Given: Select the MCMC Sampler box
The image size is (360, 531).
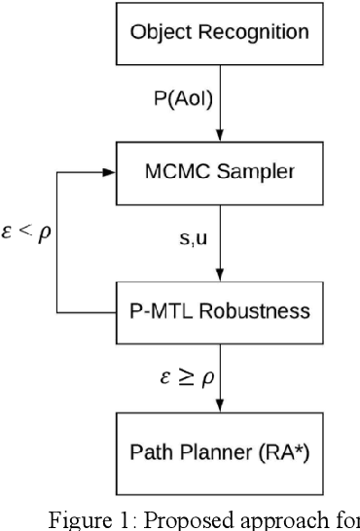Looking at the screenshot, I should [219, 173].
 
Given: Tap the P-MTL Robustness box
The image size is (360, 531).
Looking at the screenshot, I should [219, 312].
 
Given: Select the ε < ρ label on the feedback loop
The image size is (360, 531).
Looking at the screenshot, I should [26, 236].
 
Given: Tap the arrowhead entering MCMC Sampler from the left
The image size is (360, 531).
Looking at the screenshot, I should [110, 173].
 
